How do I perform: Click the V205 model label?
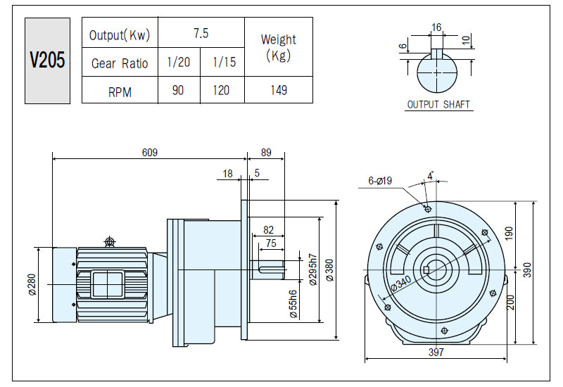point(47,60)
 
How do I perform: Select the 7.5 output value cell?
point(201,33)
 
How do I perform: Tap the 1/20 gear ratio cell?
point(179,62)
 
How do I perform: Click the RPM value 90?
point(178,90)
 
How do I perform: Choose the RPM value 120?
point(221,90)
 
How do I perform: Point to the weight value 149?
point(279,90)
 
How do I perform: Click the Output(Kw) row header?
point(120,34)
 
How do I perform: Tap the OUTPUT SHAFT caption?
point(438,104)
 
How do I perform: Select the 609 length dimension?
point(150,153)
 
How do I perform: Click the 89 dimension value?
point(266,153)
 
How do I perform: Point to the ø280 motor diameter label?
point(32,284)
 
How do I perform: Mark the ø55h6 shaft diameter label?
point(293,304)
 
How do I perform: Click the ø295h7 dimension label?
point(313,269)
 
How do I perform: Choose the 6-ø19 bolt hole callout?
point(380,181)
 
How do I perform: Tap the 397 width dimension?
point(436,353)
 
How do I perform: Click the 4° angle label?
point(431,176)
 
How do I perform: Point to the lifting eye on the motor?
point(110,241)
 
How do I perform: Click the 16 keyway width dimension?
point(436,27)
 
